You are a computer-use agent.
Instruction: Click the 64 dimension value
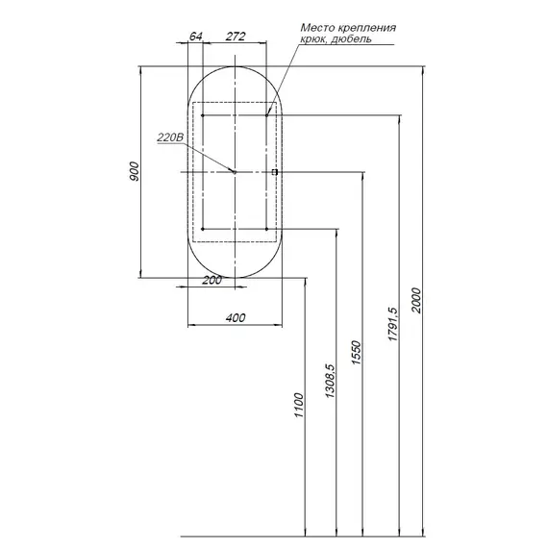(x=196, y=36)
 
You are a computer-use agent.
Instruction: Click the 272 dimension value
(x=236, y=36)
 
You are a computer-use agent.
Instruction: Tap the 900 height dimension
(x=135, y=171)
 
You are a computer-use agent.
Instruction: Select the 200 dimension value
(x=212, y=280)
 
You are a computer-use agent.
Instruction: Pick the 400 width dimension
(x=236, y=318)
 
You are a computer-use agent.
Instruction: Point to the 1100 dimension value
(x=299, y=405)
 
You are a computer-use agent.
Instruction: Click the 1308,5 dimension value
(x=331, y=381)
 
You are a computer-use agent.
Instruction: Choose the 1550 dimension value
(x=356, y=353)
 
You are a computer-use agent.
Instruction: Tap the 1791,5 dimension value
(x=393, y=324)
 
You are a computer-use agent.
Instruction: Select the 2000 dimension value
(x=416, y=300)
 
